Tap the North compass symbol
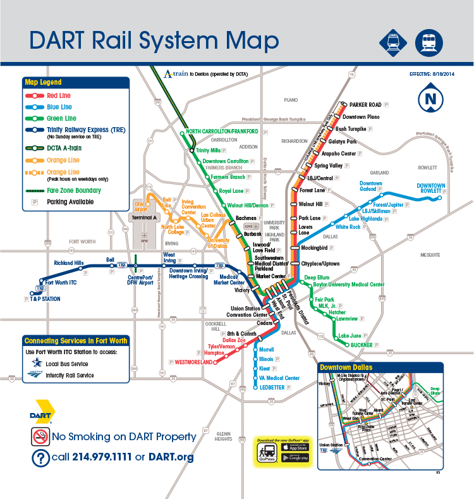click(430, 99)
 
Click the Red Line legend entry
click(59, 95)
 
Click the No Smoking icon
click(40, 436)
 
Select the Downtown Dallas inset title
click(346, 367)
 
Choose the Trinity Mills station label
click(208, 151)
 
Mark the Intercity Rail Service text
click(70, 376)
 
